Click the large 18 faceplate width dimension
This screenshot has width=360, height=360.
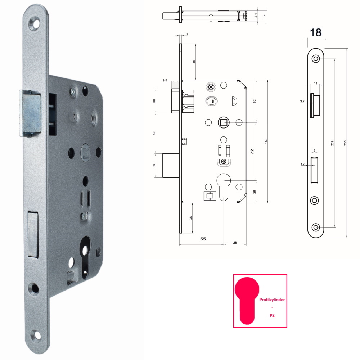(316, 33)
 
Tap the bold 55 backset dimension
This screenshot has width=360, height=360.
(203, 239)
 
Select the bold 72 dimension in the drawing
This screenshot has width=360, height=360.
(252, 151)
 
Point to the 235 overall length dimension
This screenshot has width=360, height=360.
(345, 143)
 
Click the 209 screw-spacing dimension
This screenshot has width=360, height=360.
(332, 143)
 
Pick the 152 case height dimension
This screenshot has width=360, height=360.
(266, 141)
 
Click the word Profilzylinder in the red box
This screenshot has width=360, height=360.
(272, 300)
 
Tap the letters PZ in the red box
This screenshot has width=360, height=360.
(272, 315)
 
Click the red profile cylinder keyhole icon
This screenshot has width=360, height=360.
(247, 301)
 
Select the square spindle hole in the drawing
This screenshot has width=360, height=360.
(224, 123)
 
